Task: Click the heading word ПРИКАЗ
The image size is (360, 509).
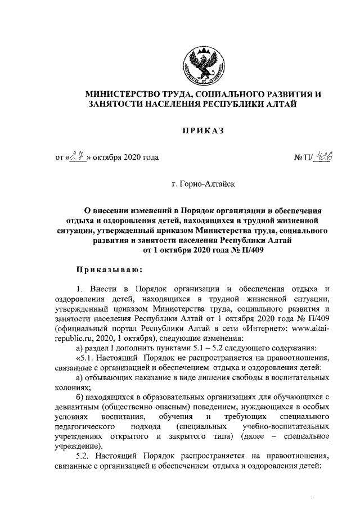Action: [202, 131]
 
